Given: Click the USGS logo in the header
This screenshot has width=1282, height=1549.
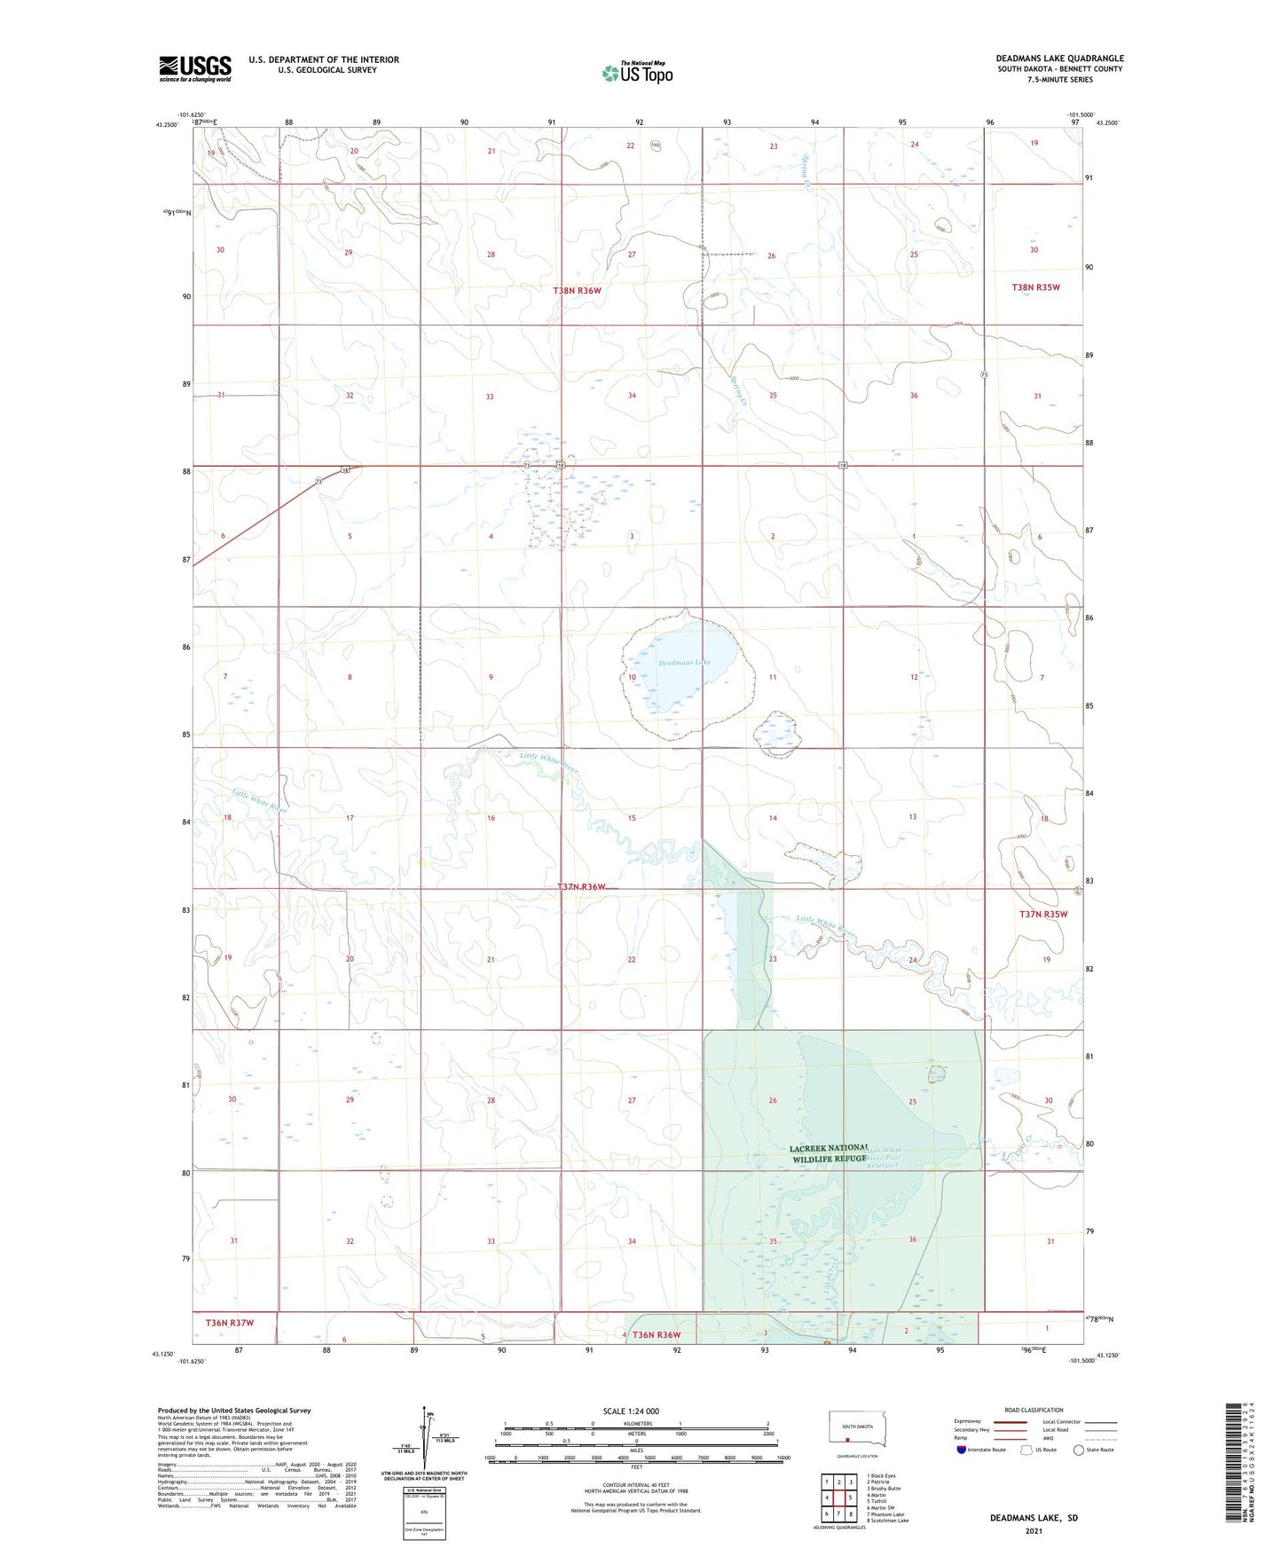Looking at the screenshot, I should point(195,68).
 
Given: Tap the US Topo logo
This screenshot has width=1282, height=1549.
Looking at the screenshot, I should point(637,73).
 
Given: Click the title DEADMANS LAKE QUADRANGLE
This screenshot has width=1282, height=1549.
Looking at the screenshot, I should point(1059,59).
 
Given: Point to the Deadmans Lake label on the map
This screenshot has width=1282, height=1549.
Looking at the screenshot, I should point(684,662).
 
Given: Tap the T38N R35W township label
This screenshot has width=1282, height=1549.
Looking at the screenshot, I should point(1036,287).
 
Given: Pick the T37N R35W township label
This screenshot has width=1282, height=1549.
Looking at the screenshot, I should point(1043,914).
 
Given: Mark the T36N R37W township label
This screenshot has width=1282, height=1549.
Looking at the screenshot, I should point(230,1323).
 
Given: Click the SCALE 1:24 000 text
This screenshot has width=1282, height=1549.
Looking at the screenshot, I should point(631,1411).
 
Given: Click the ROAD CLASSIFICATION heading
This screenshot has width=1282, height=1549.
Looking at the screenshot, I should point(1034,1410).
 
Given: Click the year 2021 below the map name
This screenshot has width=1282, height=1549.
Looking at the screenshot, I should point(1034,1531).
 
